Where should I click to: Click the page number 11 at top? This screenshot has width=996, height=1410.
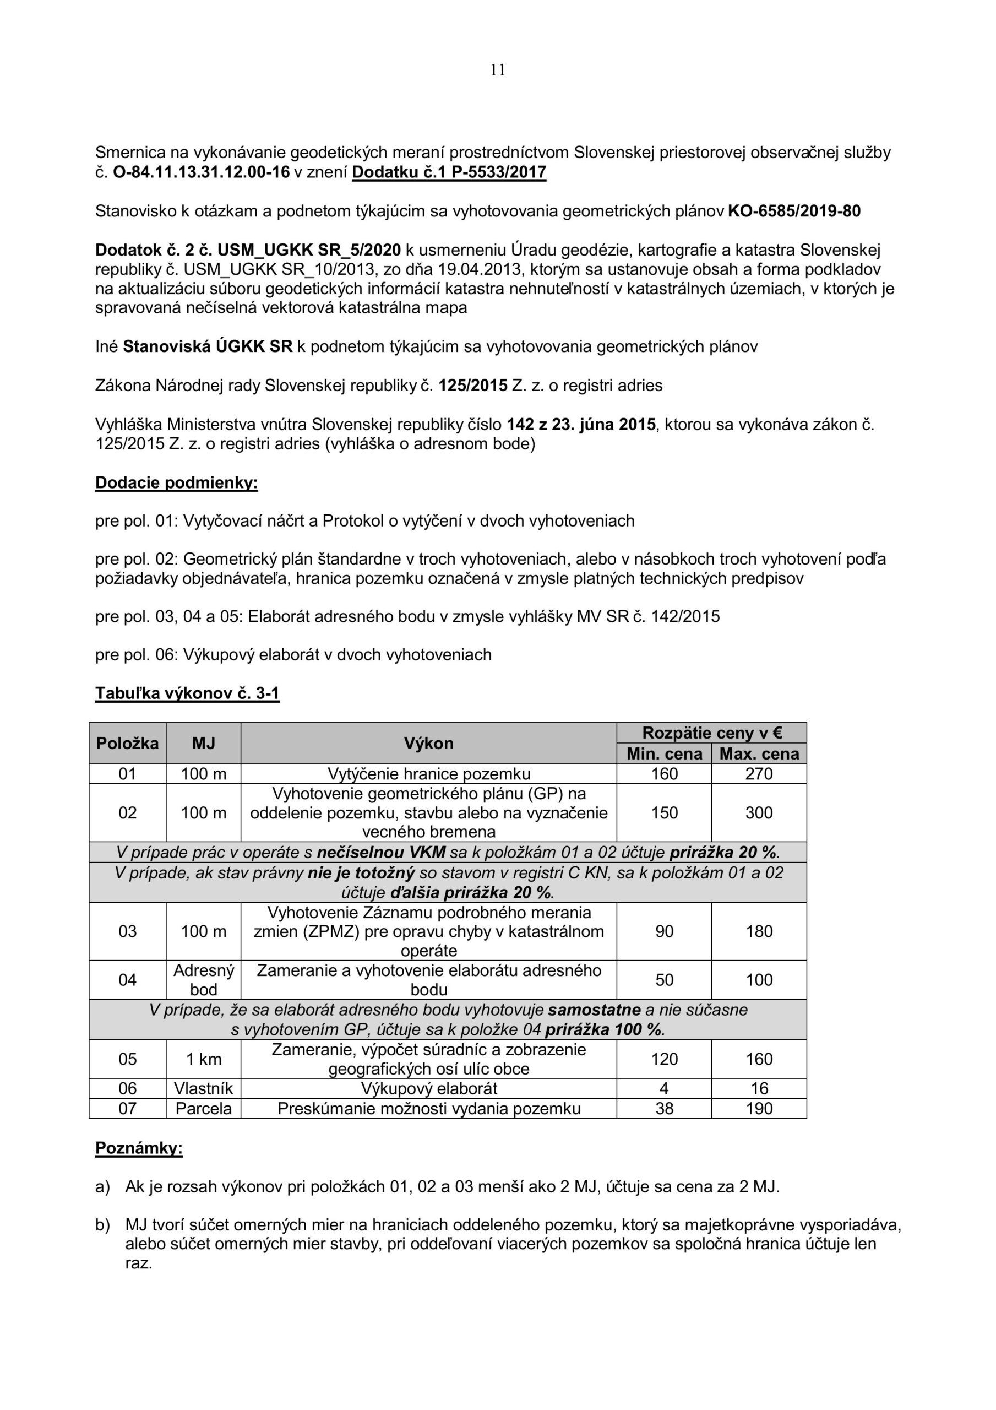[498, 70]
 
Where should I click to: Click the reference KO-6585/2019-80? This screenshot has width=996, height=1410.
[794, 211]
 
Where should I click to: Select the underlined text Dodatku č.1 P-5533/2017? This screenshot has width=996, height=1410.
[449, 172]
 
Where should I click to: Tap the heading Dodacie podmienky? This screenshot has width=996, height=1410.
[176, 482]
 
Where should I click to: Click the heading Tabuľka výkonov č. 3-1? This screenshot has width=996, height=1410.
[187, 693]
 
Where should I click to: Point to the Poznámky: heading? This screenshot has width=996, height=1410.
[139, 1148]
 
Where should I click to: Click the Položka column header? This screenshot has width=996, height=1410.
[127, 743]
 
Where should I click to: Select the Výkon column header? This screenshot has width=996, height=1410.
[428, 743]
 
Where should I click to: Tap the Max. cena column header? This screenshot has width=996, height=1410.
[759, 754]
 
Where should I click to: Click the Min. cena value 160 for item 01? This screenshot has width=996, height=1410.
[665, 774]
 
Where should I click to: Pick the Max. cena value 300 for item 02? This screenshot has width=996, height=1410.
[759, 812]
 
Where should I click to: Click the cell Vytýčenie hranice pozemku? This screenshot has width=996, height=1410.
[428, 774]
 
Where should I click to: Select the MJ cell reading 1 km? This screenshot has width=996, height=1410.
[203, 1059]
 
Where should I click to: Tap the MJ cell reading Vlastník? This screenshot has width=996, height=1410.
[203, 1088]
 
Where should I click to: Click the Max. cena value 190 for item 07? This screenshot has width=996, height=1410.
[759, 1109]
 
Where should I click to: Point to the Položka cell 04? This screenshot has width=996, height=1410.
[127, 979]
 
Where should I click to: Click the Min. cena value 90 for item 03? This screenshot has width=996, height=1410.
[665, 931]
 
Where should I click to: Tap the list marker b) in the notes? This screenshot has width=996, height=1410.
[102, 1225]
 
